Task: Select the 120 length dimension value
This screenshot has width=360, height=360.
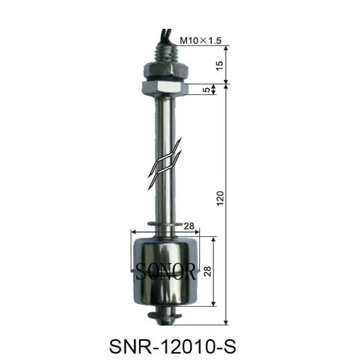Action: point(220,198)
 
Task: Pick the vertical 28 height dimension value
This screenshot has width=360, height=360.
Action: point(208,271)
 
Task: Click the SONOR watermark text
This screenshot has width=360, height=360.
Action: point(166,273)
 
